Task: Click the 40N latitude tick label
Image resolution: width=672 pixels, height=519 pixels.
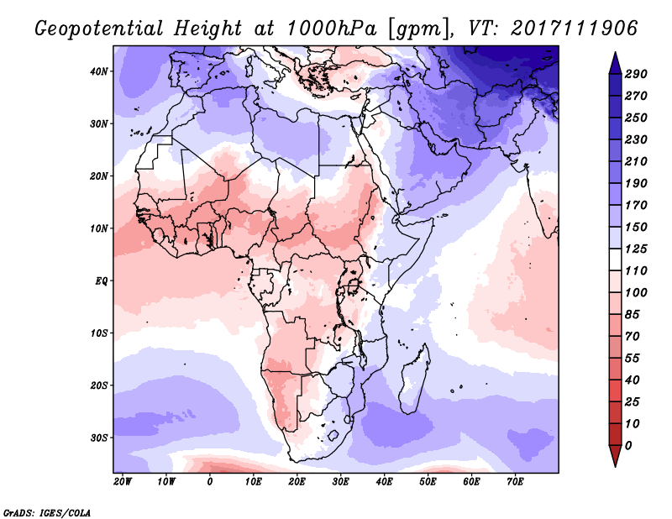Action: click(x=100, y=71)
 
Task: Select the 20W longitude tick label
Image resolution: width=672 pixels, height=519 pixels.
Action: click(x=123, y=481)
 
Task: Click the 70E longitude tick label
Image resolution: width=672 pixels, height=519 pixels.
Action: click(x=516, y=481)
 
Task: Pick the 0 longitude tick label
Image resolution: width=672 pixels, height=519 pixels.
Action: click(x=210, y=481)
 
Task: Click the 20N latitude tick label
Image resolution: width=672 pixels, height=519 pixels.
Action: click(x=100, y=176)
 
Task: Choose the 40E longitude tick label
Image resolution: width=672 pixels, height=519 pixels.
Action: click(x=385, y=481)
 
